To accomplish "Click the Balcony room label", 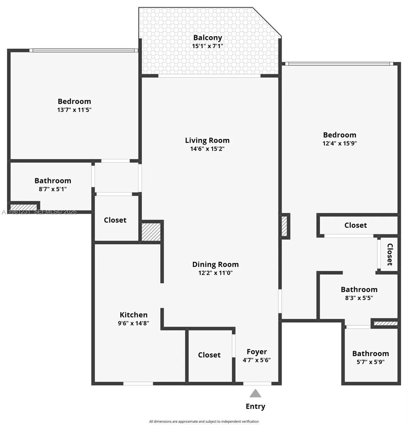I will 207,38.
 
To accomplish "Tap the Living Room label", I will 207,140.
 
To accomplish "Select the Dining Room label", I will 215,264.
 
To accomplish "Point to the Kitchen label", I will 133,314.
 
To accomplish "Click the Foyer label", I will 257,352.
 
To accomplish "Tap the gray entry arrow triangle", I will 255,393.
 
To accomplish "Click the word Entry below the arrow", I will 255,406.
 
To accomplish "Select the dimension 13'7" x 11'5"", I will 74,110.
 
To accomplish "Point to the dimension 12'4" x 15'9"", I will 340,143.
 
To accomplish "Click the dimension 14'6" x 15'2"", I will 207,149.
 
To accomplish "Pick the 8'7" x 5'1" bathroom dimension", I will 52,189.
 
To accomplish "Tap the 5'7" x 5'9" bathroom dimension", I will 370,362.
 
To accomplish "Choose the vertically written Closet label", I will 390,254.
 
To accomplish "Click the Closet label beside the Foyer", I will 209,355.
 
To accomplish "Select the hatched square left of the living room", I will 151,231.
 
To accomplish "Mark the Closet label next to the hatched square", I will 115,220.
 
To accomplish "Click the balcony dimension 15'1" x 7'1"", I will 207,46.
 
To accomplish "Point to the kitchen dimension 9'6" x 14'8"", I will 133,323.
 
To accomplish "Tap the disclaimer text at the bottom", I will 204,421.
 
